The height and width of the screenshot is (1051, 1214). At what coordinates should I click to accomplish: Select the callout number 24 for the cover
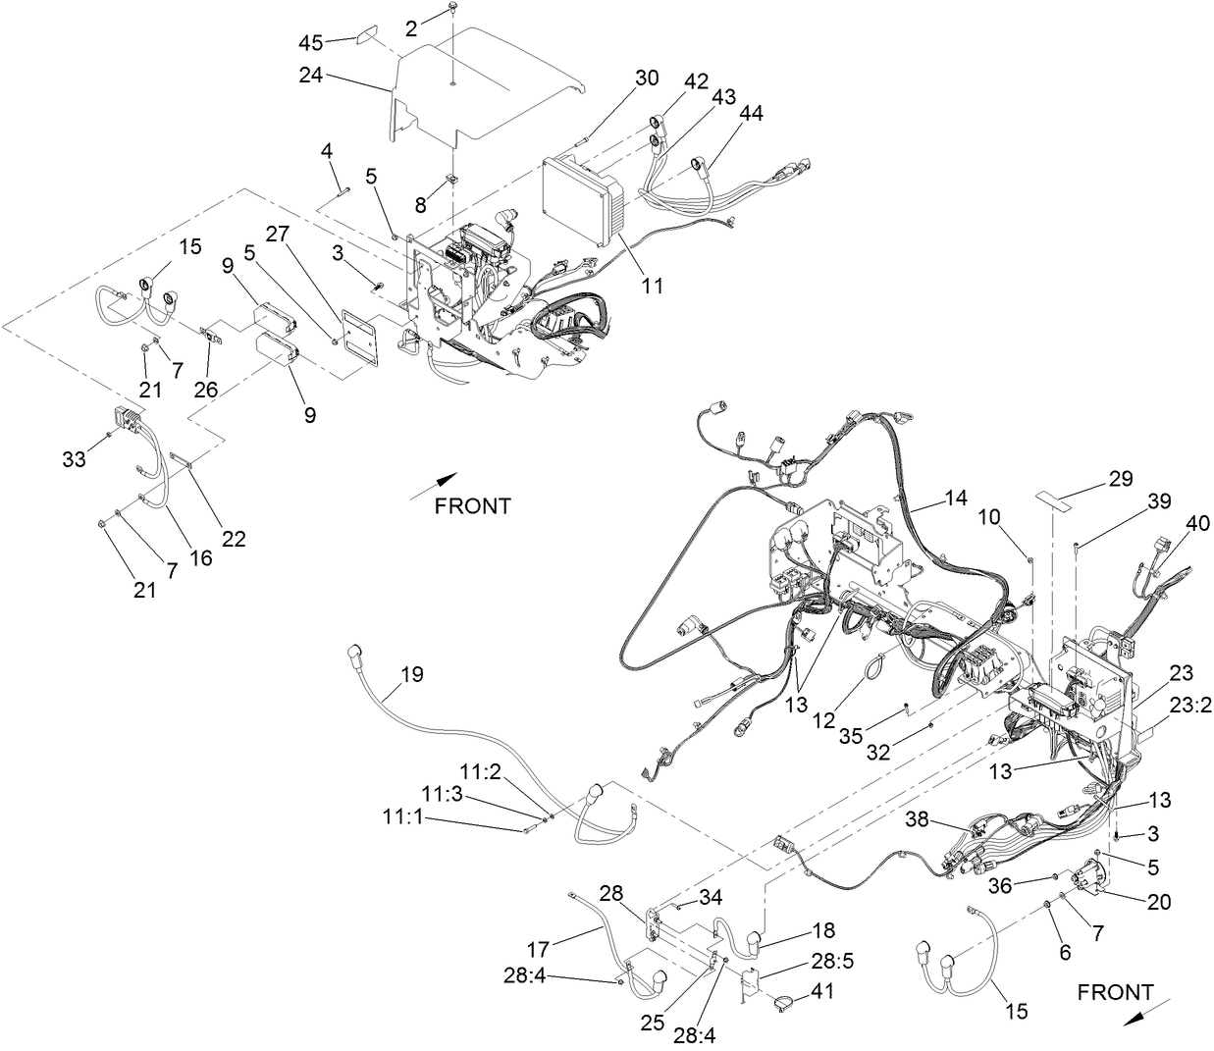point(312,76)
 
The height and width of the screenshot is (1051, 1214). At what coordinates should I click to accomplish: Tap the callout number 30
point(647,79)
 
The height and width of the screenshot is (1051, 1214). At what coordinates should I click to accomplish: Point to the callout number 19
point(412,674)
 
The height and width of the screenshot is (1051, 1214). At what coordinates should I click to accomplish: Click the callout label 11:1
point(404,816)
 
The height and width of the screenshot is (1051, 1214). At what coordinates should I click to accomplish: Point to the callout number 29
point(1120,479)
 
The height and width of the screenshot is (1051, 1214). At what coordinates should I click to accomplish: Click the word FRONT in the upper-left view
point(473,506)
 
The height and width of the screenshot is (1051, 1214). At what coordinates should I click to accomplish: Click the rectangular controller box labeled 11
point(580,202)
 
